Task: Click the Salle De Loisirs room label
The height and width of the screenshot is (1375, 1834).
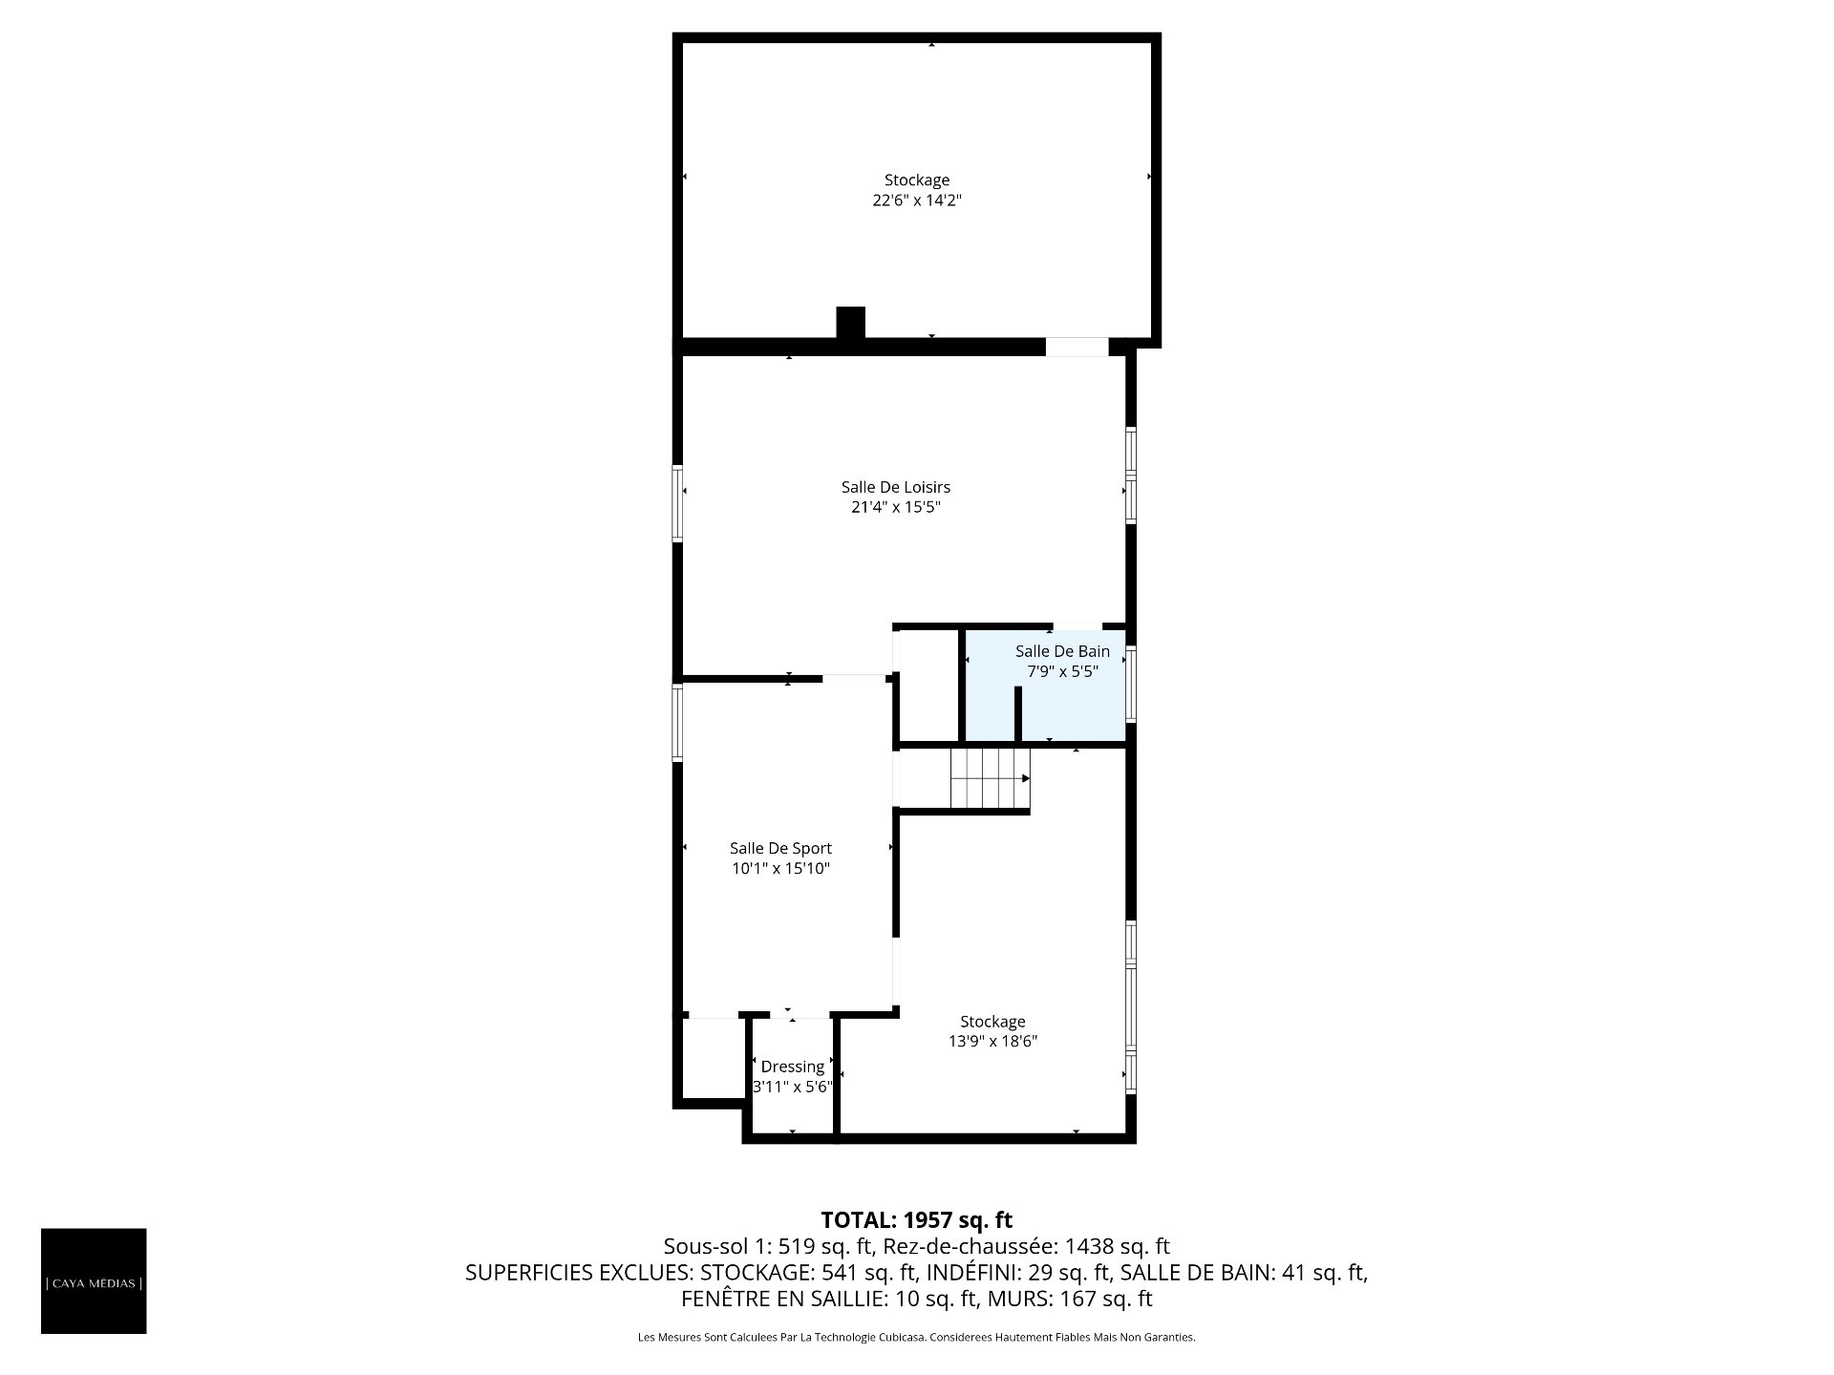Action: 896,487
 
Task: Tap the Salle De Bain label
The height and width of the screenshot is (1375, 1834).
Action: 1062,651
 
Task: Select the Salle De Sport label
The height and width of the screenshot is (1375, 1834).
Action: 780,848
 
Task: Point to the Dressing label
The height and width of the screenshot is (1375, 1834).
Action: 793,1067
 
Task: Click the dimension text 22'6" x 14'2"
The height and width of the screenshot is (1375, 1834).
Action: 917,201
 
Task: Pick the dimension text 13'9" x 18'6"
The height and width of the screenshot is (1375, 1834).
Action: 993,1042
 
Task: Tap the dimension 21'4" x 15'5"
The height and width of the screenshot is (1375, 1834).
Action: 896,507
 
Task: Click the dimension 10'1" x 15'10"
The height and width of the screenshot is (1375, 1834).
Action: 780,869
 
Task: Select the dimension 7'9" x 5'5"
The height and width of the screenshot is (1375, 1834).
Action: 1062,671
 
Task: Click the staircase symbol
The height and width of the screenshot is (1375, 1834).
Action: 991,778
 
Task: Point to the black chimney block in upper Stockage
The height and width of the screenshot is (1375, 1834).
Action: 850,323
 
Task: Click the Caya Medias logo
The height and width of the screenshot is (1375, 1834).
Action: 94,1281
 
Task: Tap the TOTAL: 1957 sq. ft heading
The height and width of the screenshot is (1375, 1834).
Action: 917,1219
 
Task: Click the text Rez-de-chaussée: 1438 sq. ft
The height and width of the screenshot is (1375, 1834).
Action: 1027,1246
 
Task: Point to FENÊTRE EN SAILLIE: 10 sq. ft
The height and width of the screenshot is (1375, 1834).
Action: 829,1299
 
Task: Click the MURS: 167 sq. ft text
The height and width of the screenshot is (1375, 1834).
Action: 1070,1299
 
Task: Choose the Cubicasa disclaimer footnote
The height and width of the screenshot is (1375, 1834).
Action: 917,1338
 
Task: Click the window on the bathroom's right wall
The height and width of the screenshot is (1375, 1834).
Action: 1131,684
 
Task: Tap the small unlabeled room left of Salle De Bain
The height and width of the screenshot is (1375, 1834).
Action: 927,685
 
